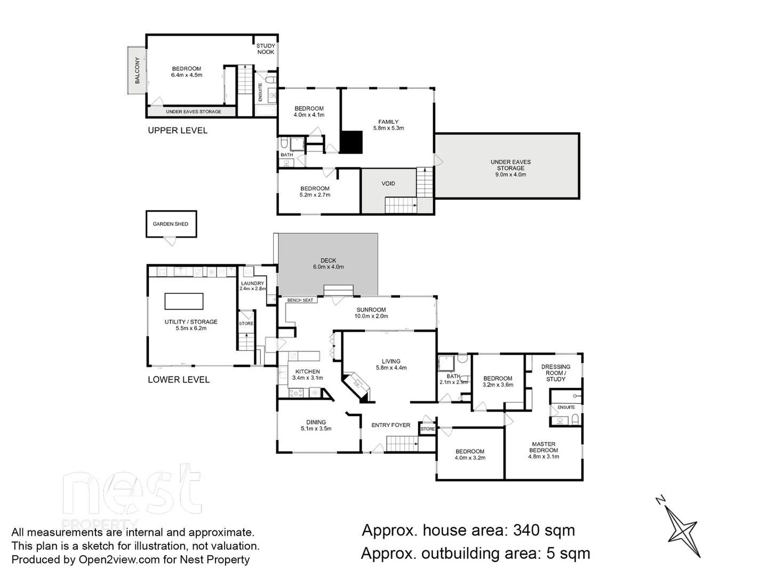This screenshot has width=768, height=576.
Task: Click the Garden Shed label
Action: (170, 224)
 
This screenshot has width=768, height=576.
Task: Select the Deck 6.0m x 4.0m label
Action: (328, 264)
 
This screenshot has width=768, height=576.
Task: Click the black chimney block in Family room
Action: (351, 142)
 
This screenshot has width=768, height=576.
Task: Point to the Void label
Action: (388, 183)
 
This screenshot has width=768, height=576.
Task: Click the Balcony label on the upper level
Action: (137, 70)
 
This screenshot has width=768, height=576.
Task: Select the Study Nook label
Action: (266, 49)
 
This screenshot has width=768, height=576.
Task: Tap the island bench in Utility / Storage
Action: (184, 301)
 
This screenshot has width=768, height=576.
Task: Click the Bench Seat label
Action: (300, 300)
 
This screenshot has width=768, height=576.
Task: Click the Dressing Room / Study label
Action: (555, 373)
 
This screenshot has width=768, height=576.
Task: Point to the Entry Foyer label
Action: (391, 425)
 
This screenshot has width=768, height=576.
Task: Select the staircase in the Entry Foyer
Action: (402, 443)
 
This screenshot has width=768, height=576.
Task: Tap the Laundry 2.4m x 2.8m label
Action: (252, 286)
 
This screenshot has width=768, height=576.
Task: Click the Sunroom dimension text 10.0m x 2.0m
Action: (371, 316)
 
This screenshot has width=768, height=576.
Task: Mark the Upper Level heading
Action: (178, 130)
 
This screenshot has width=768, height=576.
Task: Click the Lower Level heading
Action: (179, 380)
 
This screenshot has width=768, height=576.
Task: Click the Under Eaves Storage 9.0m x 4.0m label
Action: (510, 168)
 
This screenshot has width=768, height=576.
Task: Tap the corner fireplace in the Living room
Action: (356, 387)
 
